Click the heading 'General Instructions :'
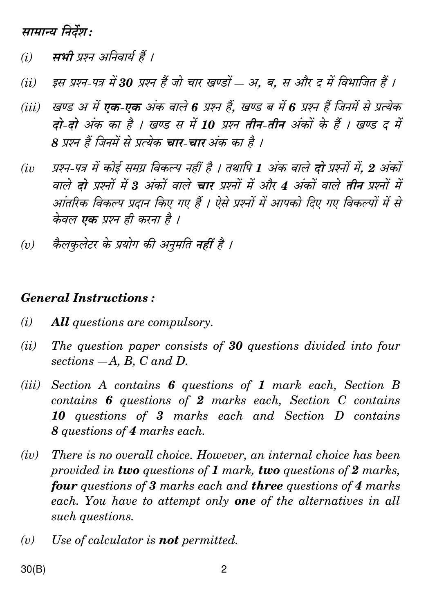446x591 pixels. (x=88, y=298)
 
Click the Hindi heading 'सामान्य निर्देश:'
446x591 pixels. (x=57, y=32)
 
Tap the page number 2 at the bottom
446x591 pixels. (x=224, y=569)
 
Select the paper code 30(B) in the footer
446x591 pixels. (x=34, y=569)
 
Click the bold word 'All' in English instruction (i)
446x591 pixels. (x=60, y=322)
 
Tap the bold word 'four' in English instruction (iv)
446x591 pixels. (x=64, y=486)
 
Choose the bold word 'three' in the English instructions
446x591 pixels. (x=267, y=486)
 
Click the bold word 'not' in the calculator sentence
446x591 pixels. (x=168, y=540)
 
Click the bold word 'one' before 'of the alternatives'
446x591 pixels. (x=245, y=501)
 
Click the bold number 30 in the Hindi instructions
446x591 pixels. (x=126, y=83)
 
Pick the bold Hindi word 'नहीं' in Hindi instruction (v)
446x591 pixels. (x=205, y=245)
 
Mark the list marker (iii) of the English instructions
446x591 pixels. (x=31, y=385)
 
